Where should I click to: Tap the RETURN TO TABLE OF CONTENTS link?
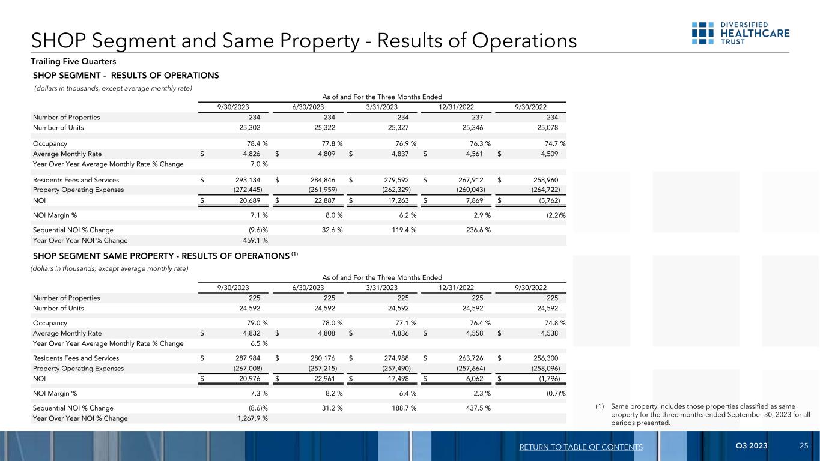(582, 447)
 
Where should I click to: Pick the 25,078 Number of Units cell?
(551, 128)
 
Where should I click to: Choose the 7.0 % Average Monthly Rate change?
(257, 164)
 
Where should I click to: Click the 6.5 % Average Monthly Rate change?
(257, 343)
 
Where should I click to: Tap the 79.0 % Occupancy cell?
(253, 322)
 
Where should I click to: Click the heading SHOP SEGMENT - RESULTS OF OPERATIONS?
(126, 76)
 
